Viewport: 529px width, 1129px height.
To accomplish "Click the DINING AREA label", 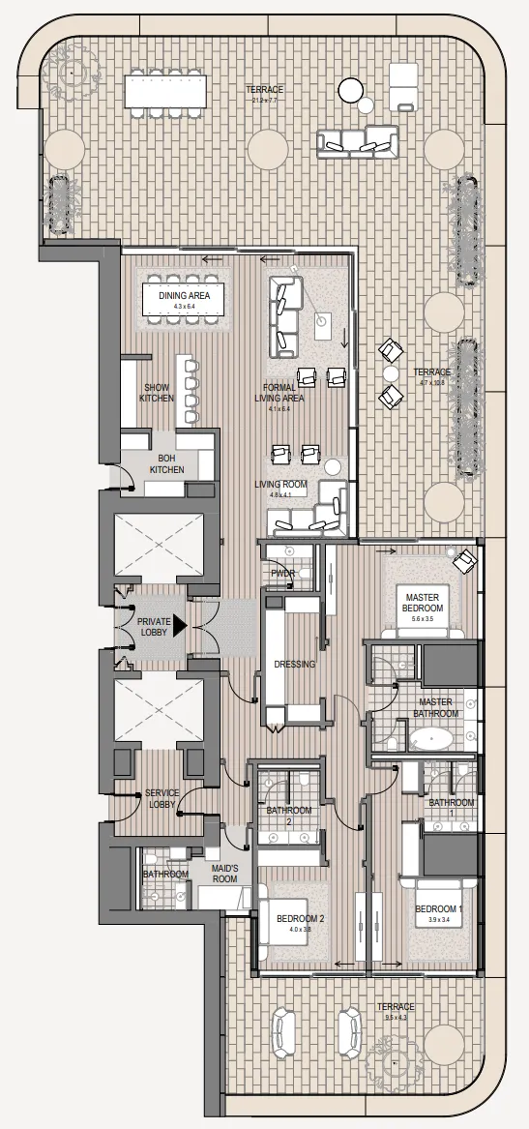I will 183,294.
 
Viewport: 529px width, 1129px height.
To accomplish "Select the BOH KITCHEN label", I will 165,463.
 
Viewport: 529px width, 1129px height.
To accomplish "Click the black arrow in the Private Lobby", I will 178,627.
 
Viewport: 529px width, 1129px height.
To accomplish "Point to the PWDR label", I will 282,573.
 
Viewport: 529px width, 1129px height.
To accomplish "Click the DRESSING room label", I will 293,665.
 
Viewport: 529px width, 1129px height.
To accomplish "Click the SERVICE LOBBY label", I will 162,798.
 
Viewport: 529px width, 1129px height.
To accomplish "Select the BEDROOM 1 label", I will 439,909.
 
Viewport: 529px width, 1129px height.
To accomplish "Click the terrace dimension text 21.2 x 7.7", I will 264,100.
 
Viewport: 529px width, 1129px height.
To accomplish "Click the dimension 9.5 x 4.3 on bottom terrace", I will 396,1017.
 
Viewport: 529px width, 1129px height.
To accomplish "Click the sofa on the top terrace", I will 357,143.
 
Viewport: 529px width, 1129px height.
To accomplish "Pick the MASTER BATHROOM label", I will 435,707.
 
